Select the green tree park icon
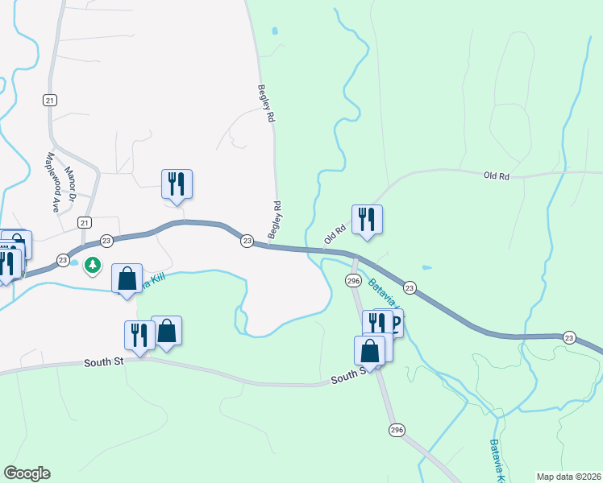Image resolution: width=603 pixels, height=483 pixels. (x=94, y=264)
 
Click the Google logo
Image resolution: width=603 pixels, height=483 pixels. (x=27, y=473)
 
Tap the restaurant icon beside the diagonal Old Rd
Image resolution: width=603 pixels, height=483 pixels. (x=367, y=219)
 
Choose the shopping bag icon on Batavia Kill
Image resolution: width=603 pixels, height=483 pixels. (x=127, y=279)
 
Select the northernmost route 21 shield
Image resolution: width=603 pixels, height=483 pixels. (x=50, y=99)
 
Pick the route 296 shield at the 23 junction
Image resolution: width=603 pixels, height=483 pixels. (x=353, y=280)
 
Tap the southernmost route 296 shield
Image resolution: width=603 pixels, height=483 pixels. (x=396, y=430)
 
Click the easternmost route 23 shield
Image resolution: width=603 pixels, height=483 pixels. (x=569, y=337)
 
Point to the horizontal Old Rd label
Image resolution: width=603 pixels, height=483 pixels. (x=497, y=175)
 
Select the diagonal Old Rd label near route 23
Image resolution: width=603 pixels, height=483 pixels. (x=335, y=233)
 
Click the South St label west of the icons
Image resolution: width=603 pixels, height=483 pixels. (x=102, y=363)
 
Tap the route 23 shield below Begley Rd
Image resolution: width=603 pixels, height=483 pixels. (x=247, y=240)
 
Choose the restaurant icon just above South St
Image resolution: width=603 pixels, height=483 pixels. (x=139, y=335)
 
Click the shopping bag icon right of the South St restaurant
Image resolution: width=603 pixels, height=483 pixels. (x=166, y=330)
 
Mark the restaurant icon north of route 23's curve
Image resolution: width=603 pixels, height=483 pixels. (x=176, y=184)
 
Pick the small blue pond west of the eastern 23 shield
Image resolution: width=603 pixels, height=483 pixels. (x=426, y=267)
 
